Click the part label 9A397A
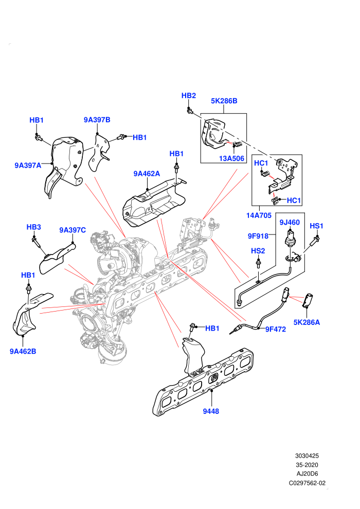(28, 165)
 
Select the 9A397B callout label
(97, 120)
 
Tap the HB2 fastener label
(189, 96)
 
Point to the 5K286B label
(224, 101)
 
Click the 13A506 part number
(231, 158)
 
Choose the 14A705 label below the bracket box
(259, 215)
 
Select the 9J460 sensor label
(290, 222)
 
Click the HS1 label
(316, 226)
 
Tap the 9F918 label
(258, 236)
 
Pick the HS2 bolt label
(258, 251)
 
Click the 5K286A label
(307, 322)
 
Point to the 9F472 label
(276, 329)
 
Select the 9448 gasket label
(211, 411)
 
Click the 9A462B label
(23, 351)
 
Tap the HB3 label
(34, 227)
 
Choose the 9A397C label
(73, 230)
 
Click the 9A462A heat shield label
(147, 174)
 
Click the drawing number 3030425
(307, 456)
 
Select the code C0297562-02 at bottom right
(307, 483)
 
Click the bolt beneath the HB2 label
(190, 111)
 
